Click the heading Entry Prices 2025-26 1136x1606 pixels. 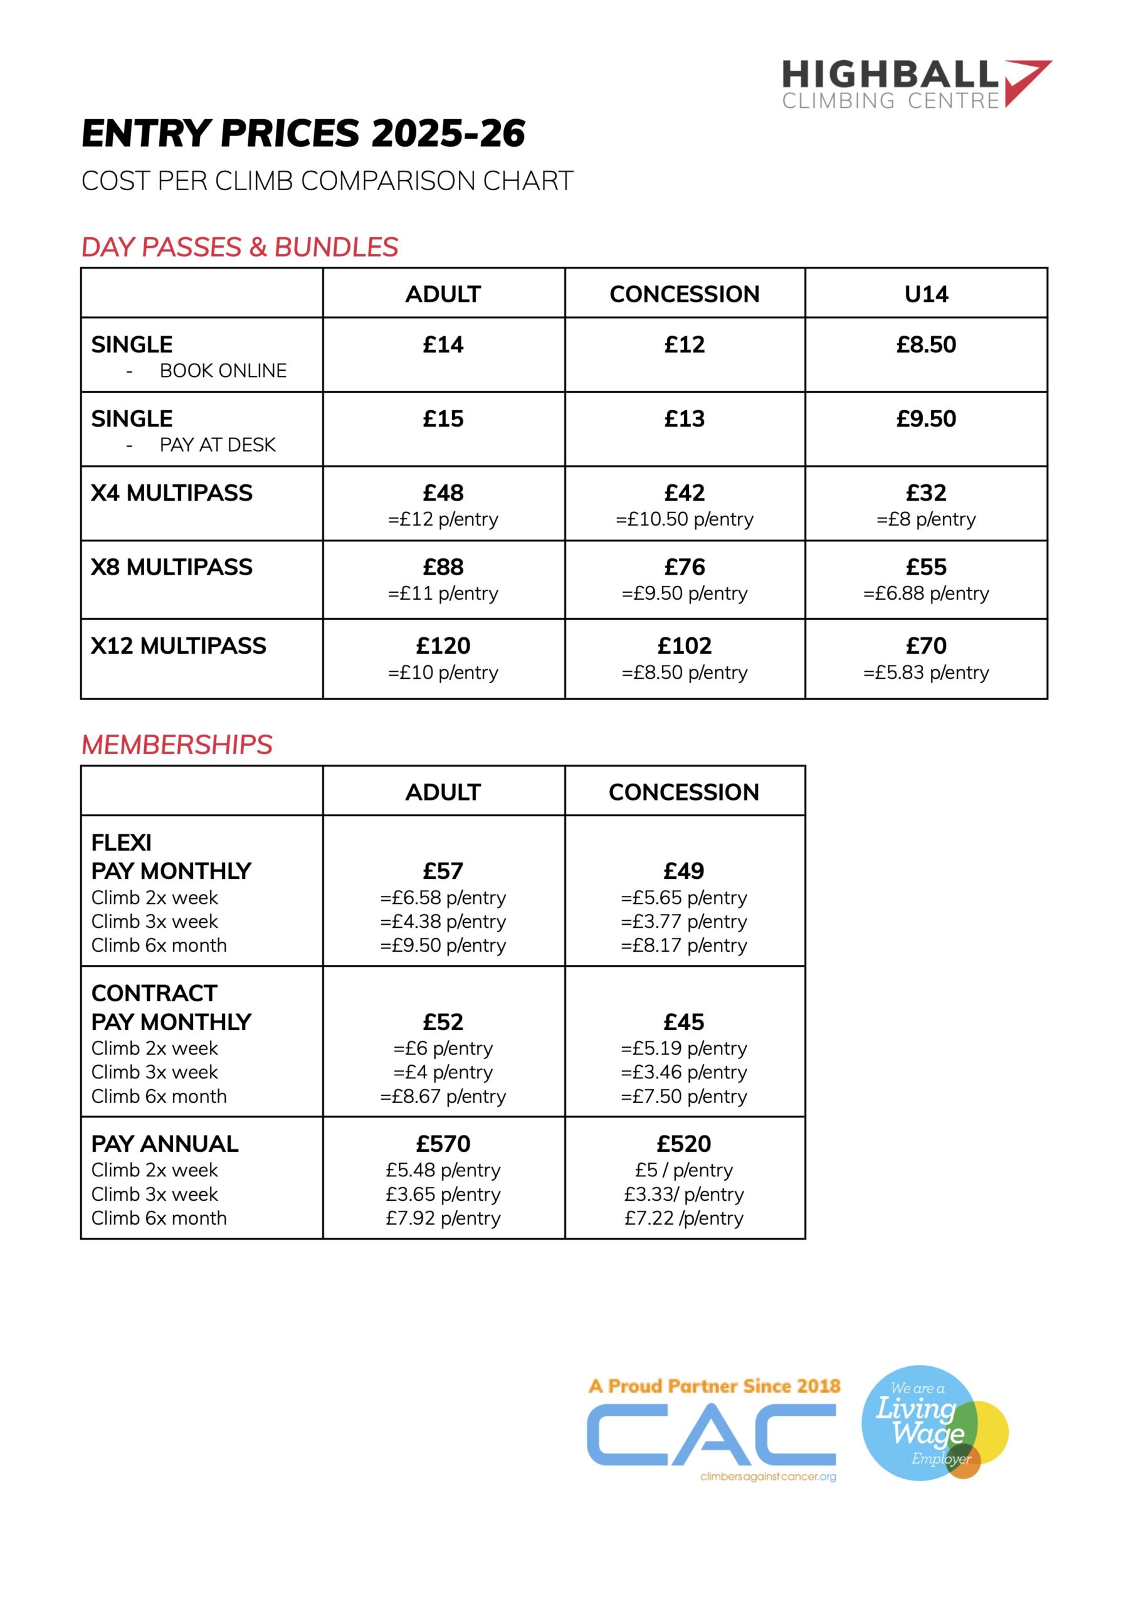tap(303, 133)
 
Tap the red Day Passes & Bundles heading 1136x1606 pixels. tap(239, 247)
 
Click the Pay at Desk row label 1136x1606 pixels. tap(217, 444)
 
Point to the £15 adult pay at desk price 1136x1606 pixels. tap(443, 418)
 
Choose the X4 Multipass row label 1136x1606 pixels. tap(171, 492)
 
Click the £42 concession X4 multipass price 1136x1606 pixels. tap(684, 492)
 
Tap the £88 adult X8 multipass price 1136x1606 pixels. tap(443, 567)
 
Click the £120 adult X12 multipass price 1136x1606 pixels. tap(443, 645)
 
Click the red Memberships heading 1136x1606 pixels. tap(176, 745)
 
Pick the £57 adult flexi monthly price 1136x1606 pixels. tap(443, 871)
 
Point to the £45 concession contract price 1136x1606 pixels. tap(683, 1022)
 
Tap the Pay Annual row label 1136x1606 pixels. tap(164, 1144)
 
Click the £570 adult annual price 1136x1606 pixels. tap(443, 1144)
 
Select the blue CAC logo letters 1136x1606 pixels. tap(711, 1435)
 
